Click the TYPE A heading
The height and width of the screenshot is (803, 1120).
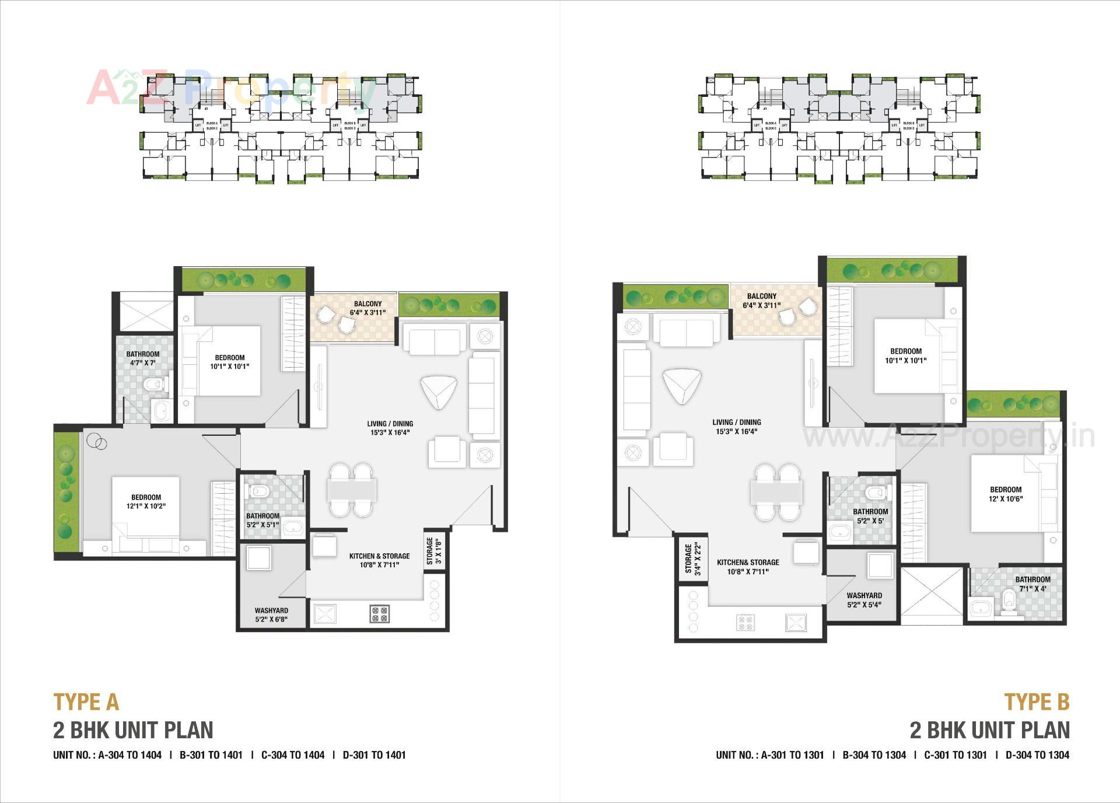[86, 702]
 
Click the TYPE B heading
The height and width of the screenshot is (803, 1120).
[1037, 702]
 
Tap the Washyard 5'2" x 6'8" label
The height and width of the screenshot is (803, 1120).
[271, 615]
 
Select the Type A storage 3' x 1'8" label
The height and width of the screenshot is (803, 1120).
[434, 551]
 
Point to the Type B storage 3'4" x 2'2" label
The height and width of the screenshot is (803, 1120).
[692, 558]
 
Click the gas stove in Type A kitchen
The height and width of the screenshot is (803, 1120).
[379, 613]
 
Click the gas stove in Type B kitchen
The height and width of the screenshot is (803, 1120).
[745, 623]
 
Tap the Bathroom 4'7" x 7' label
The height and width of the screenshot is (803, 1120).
[143, 358]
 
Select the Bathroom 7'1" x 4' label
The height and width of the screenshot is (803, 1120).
[1032, 584]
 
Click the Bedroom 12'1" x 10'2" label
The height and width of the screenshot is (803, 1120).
[146, 501]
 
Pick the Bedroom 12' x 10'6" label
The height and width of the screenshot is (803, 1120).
[1006, 494]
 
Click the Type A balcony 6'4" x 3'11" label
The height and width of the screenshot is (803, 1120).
[367, 308]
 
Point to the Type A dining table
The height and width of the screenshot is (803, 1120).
[352, 490]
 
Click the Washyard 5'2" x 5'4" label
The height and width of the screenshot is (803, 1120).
[864, 600]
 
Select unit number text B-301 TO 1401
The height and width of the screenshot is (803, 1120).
[211, 755]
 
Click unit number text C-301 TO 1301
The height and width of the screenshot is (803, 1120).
[955, 755]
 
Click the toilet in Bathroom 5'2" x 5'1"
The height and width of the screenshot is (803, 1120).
[259, 491]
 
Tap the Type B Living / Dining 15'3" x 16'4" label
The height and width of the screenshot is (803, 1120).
[736, 427]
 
